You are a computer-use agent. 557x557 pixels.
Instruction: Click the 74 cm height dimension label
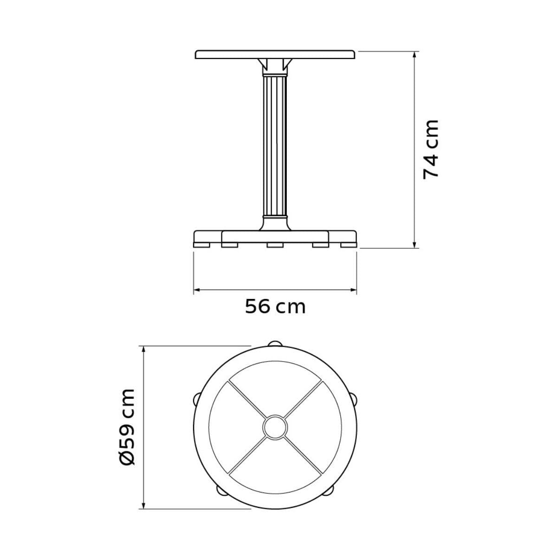point(431,150)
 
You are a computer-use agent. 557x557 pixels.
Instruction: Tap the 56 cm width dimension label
point(275,307)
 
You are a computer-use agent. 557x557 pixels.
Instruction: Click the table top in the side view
point(275,55)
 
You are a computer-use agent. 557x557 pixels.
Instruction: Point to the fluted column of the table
point(275,147)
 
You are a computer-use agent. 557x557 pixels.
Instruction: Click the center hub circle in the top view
point(275,427)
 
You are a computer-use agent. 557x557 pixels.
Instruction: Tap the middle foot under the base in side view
point(275,245)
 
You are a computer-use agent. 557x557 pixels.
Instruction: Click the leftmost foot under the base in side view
point(202,245)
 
